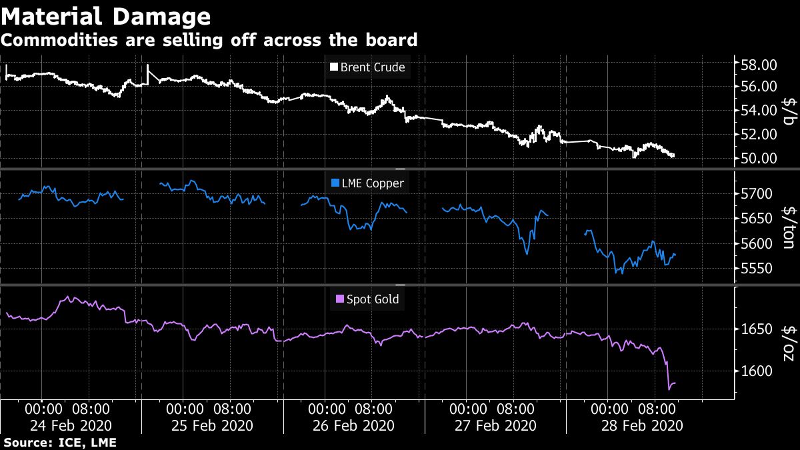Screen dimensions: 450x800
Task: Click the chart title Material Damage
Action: pyautogui.click(x=106, y=15)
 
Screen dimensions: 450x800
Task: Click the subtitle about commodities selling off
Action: pyautogui.click(x=209, y=40)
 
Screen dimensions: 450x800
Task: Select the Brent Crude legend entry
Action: pyautogui.click(x=367, y=67)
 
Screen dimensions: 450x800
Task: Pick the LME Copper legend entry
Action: pyautogui.click(x=367, y=183)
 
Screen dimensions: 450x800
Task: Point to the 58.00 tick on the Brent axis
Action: pyautogui.click(x=759, y=65)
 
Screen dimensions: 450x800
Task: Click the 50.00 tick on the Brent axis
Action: pyautogui.click(x=759, y=159)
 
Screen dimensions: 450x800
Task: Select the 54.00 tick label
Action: pyautogui.click(x=759, y=111)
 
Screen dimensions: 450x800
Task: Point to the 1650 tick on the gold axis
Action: pyautogui.click(x=755, y=329)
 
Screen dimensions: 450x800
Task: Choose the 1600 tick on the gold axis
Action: pyautogui.click(x=755, y=371)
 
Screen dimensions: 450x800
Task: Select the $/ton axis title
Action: pyautogui.click(x=788, y=228)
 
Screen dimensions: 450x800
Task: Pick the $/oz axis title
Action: pyautogui.click(x=788, y=343)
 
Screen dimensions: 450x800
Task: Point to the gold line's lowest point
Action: pyautogui.click(x=669, y=388)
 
